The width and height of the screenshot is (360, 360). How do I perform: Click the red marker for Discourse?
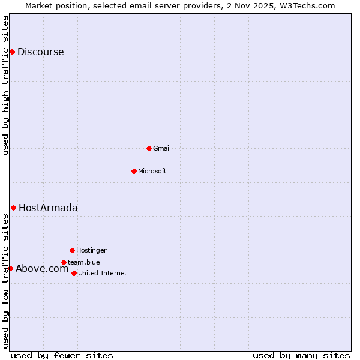[x=12, y=52]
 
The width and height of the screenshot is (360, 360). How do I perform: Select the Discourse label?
[x=40, y=52]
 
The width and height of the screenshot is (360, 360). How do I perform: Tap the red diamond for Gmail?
[x=149, y=148]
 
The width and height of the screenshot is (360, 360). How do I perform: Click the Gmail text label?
[x=161, y=148]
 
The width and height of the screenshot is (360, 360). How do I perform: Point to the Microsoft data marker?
[x=134, y=171]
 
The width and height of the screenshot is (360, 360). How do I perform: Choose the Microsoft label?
[x=152, y=171]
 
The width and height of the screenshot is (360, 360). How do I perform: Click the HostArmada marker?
[x=13, y=208]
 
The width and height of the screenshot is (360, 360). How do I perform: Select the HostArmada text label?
[x=48, y=208]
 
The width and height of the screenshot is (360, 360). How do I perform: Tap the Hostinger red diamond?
[x=72, y=250]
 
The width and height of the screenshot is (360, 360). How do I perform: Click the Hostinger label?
[x=91, y=250]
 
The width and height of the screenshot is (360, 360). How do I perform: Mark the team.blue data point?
[x=64, y=262]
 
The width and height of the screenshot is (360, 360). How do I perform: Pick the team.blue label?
[x=83, y=262]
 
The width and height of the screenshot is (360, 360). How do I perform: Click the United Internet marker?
[x=74, y=273]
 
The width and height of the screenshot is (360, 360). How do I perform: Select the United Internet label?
[x=102, y=273]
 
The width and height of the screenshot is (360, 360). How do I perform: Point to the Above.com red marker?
[x=10, y=268]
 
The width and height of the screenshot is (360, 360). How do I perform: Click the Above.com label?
[x=42, y=268]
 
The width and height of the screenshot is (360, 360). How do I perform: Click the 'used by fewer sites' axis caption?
[x=62, y=355]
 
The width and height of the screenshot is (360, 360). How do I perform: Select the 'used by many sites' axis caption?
[x=301, y=355]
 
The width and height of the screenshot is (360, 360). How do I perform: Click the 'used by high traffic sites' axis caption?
[x=5, y=85]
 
